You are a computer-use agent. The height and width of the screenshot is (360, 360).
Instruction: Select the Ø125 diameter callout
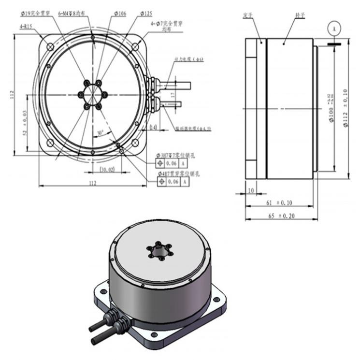(147, 14)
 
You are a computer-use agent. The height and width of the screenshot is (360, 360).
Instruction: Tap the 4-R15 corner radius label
(27, 27)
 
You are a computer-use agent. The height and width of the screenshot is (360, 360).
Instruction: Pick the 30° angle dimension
(100, 132)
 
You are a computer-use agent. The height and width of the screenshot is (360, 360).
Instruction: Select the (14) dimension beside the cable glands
(153, 127)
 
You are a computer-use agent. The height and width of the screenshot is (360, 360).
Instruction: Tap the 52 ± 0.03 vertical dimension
(25, 122)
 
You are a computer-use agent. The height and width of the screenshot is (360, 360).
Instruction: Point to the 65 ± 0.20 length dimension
(280, 216)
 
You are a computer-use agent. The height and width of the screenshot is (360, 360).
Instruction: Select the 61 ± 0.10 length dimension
(280, 203)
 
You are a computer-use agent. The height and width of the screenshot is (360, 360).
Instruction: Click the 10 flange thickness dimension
(251, 190)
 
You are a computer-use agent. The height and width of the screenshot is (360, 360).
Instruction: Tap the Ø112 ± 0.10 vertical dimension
(345, 108)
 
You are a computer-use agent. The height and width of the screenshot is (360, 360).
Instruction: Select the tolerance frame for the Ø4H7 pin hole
(172, 181)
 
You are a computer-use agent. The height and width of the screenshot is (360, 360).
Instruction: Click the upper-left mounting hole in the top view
(50, 46)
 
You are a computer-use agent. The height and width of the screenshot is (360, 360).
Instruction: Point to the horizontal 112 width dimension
(93, 183)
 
